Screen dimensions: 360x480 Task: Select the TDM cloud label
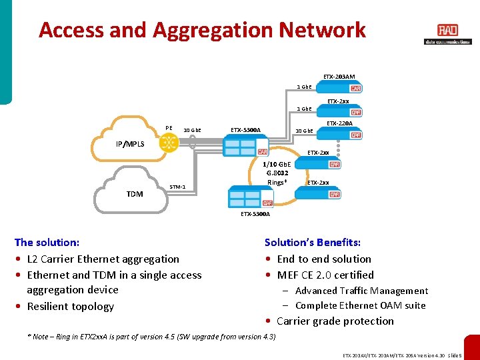click(134, 194)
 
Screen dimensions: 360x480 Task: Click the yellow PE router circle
click(169, 143)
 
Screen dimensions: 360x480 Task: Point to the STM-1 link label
click(177, 187)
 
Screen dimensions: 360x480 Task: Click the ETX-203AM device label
click(339, 77)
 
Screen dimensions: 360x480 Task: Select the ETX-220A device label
click(340, 123)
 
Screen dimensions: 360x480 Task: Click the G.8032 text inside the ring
click(277, 173)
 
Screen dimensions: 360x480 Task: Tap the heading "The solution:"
click(47, 243)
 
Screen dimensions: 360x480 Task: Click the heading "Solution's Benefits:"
click(312, 243)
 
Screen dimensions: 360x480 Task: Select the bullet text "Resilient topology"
click(70, 307)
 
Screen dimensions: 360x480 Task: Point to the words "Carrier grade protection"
click(335, 321)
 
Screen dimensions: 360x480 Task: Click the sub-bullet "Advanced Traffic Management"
click(361, 291)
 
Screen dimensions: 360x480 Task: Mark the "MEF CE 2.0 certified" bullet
click(325, 275)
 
